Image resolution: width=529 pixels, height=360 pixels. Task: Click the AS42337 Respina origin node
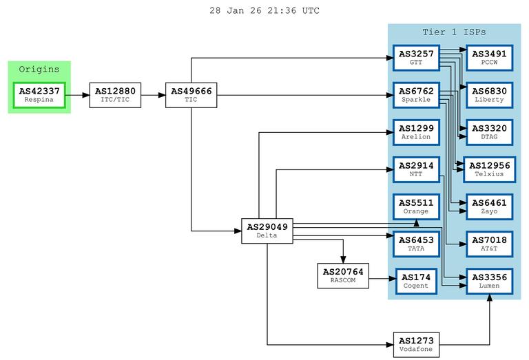coord(39,95)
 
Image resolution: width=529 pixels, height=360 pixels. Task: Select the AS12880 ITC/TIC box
coord(115,95)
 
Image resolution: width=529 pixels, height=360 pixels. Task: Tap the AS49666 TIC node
coord(191,95)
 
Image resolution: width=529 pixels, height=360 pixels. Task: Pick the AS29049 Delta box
coord(267,231)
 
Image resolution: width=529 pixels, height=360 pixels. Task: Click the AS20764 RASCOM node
coord(342,275)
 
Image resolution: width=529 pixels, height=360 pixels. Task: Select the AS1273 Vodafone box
coord(415,343)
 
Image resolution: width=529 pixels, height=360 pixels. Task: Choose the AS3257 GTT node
coord(415,58)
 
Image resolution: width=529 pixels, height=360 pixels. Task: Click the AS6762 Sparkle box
coord(415,95)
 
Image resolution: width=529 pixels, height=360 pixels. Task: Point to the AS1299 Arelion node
coord(415,132)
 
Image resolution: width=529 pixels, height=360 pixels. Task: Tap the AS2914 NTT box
coord(415,169)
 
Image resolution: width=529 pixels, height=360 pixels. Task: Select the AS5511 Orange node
coord(415,207)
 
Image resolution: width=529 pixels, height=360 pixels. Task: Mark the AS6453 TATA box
coord(415,244)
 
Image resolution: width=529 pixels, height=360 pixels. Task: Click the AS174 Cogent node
coord(415,281)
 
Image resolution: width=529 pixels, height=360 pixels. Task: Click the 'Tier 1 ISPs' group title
coord(454,32)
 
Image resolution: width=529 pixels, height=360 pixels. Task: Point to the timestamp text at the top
coord(264,11)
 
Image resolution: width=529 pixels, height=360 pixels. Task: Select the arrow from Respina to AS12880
coord(77,95)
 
